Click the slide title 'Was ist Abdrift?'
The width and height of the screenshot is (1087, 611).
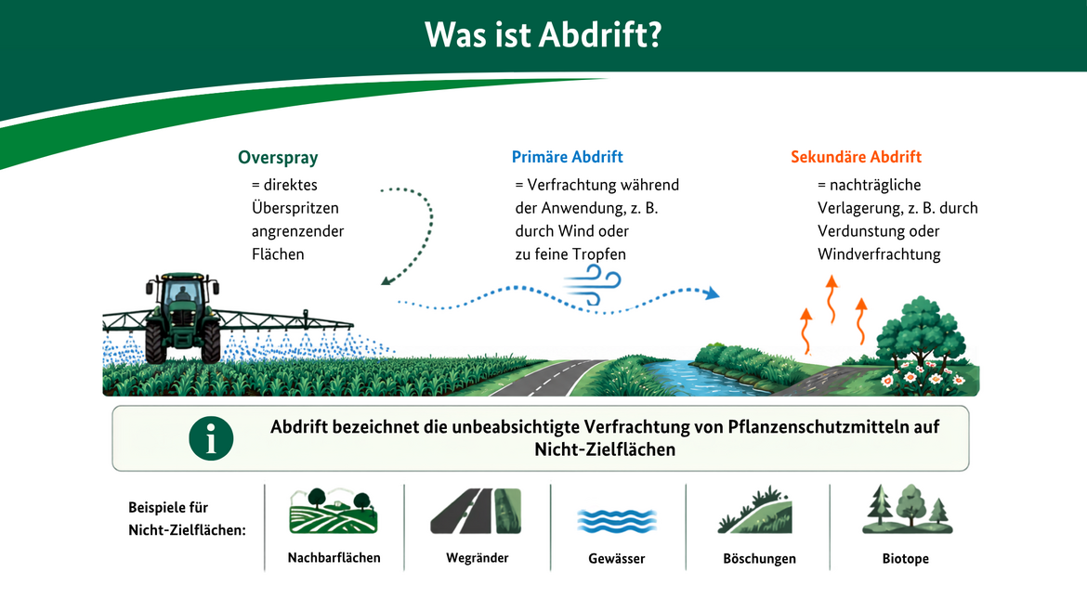pos(543,34)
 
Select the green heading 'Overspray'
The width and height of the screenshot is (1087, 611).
pos(278,157)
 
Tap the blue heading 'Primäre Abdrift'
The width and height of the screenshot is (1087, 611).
pos(567,157)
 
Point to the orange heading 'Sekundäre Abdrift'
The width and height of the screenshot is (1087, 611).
pos(857,157)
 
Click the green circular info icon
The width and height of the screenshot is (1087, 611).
pos(211,438)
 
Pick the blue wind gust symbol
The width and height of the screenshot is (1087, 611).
pos(593,287)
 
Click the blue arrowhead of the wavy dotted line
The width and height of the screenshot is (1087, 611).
pos(712,293)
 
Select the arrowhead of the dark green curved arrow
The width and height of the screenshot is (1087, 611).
pos(386,279)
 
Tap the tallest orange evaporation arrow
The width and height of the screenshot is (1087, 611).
pos(832,299)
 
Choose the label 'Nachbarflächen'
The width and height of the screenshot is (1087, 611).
pos(334,558)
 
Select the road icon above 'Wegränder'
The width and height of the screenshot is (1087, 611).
pos(477,512)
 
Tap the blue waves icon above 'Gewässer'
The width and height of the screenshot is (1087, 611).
pos(616,521)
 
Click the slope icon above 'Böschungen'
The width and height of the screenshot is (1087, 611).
pos(755,511)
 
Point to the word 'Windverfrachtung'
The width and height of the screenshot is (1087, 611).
pos(879,254)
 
